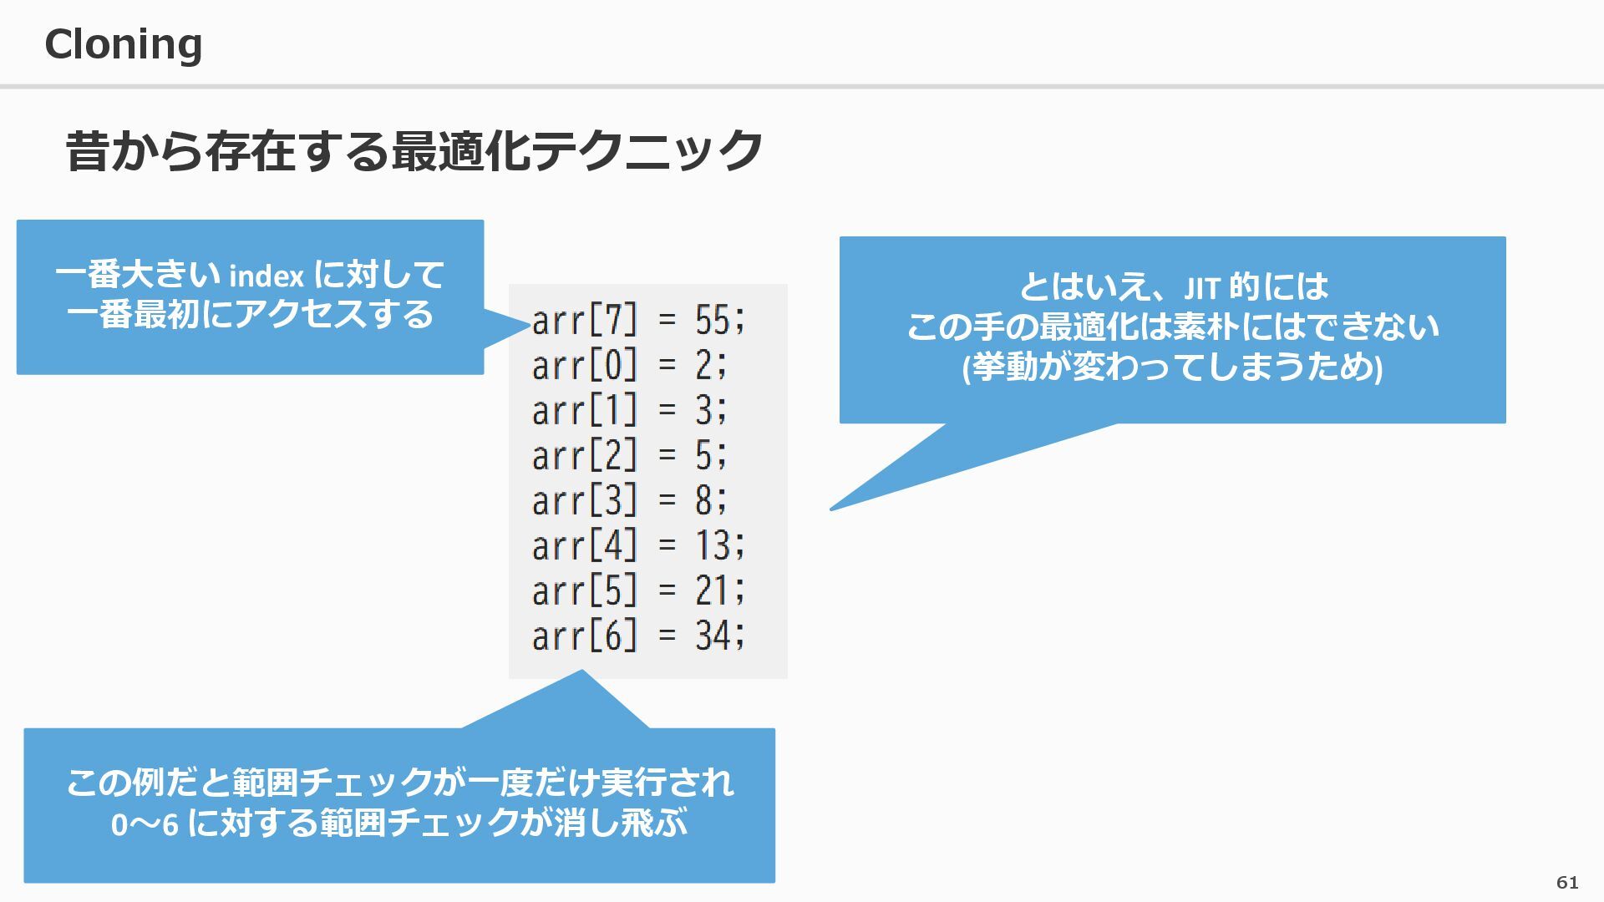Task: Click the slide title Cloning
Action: [x=124, y=44]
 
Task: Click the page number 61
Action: [x=1567, y=883]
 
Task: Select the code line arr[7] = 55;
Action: [x=639, y=320]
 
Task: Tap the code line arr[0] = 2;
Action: [x=630, y=366]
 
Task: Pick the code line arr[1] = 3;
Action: [x=630, y=411]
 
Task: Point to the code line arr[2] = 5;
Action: [x=630, y=456]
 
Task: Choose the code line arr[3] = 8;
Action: [x=630, y=501]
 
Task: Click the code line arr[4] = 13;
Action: [x=639, y=546]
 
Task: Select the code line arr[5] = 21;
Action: [x=639, y=591]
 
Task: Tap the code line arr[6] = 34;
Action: [x=639, y=636]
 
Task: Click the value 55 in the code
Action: [x=713, y=320]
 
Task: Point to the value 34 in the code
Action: [x=713, y=636]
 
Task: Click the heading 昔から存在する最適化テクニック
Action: [x=414, y=151]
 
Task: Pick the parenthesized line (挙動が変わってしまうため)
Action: [x=1172, y=367]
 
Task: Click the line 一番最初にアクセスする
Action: [x=250, y=315]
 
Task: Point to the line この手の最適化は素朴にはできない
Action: [x=1172, y=327]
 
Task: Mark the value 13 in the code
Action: [x=713, y=546]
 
